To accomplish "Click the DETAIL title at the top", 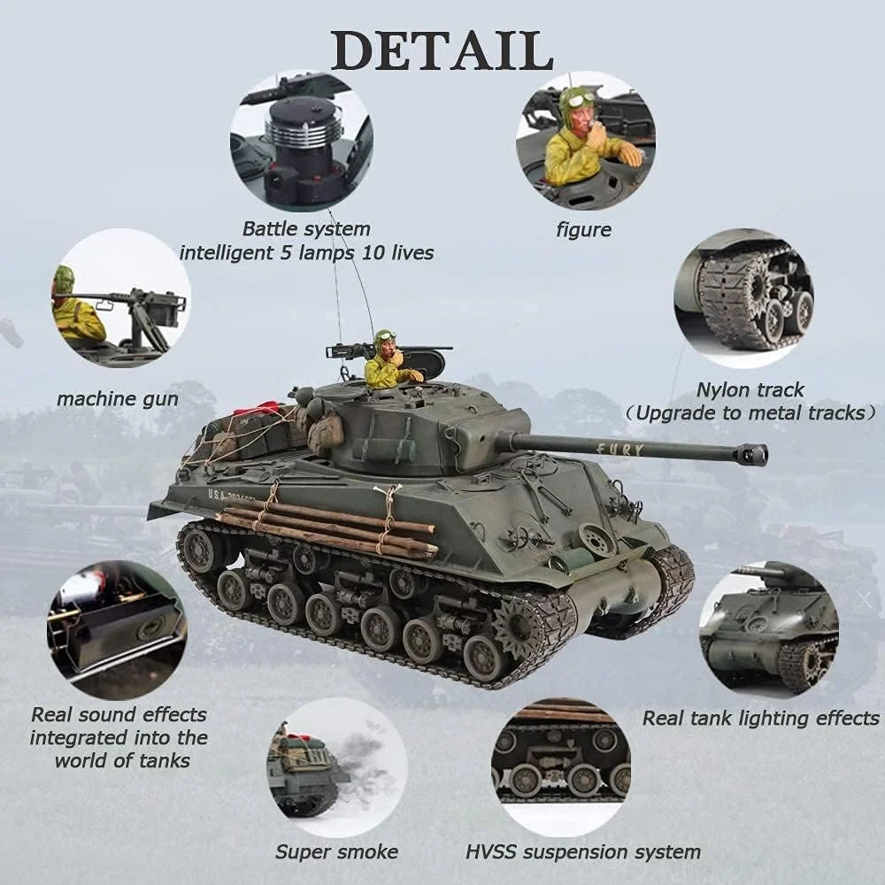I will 442,50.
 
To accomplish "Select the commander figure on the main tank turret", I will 387,363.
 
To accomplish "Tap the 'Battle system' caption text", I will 306,229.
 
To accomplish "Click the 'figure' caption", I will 583,230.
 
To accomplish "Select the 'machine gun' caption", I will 118,399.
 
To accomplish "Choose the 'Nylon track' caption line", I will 750,389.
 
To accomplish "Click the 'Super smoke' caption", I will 336,852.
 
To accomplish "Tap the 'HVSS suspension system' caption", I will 582,852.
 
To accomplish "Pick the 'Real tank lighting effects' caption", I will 760,718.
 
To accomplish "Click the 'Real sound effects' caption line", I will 119,714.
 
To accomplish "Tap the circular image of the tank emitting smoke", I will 336,770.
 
